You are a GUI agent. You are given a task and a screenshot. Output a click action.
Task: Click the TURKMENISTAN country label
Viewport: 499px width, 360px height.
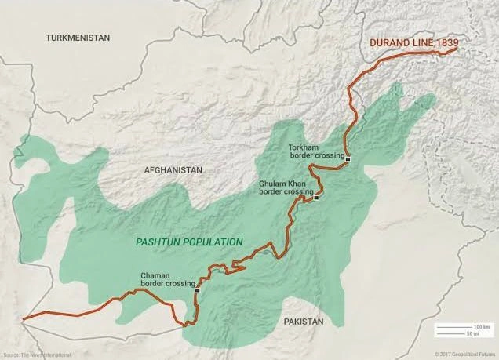tap(78, 38)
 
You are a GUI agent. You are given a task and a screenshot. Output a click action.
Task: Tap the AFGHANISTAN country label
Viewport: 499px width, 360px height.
tap(173, 170)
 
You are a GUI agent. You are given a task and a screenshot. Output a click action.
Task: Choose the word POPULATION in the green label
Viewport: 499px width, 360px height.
tap(213, 242)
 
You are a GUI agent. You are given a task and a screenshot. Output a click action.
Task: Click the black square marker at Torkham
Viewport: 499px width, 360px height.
tap(348, 159)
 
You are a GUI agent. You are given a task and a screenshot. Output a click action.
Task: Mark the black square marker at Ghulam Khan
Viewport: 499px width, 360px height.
tap(316, 198)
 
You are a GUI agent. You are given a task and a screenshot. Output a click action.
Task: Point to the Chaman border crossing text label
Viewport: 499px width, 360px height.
tap(167, 280)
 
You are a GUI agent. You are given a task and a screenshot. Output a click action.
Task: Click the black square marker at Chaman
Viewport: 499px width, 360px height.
tap(197, 289)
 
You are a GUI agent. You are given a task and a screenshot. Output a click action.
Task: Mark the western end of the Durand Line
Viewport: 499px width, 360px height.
tap(24, 319)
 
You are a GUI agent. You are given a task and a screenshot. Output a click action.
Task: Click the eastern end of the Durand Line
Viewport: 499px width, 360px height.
tap(456, 51)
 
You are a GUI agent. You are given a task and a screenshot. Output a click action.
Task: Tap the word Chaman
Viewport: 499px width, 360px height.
tap(154, 275)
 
